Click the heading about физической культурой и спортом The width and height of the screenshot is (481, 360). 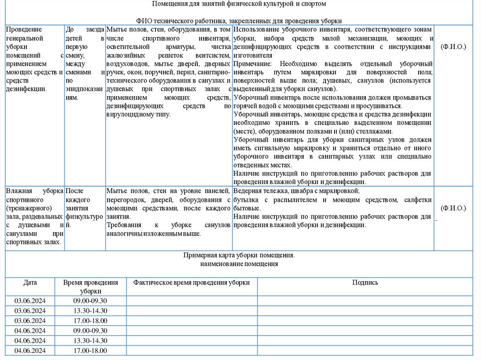tap(239, 4)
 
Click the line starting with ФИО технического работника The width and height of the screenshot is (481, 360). tap(239, 21)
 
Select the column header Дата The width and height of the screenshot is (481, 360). tap(30, 283)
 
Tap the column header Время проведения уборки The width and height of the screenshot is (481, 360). tap(90, 286)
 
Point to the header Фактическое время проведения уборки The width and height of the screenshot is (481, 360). tap(192, 283)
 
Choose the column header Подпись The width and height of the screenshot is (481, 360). tap(365, 283)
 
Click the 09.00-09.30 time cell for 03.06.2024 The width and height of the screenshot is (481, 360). tap(90, 300)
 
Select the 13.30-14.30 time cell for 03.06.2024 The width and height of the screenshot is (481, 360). tap(90, 311)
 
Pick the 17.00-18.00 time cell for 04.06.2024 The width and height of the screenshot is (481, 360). tap(90, 351)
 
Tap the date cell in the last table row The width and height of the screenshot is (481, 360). tap(30, 351)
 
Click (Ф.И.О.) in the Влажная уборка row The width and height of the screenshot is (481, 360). tap(453, 208)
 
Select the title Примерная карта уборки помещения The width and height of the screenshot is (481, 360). tap(239, 256)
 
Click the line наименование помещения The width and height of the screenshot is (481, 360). tap(239, 264)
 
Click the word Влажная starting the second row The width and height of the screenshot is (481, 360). tap(19, 191)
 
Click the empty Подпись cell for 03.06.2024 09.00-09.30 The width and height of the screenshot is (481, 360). tap(365, 300)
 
